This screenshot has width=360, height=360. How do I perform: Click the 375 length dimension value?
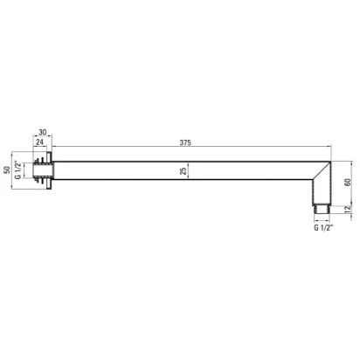[185, 142]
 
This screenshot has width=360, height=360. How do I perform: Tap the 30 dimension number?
[43, 132]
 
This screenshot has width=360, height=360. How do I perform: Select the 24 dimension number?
[39, 142]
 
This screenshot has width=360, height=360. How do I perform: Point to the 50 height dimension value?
[7, 170]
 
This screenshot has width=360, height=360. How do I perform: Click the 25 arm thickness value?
[183, 171]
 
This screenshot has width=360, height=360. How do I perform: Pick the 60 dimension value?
[348, 183]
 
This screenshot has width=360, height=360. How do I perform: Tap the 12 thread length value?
[347, 210]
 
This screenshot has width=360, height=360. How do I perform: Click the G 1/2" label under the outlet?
[323, 227]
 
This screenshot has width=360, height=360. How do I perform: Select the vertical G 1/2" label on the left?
[17, 170]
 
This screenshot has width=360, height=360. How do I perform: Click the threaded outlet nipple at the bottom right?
[322, 209]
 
